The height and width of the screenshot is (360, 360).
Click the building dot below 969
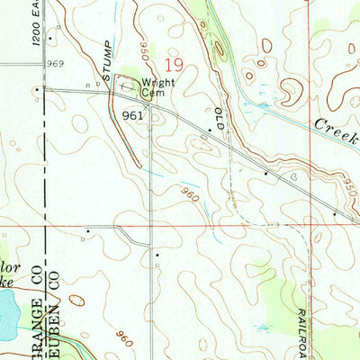36,90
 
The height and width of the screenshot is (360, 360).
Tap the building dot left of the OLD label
210,130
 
